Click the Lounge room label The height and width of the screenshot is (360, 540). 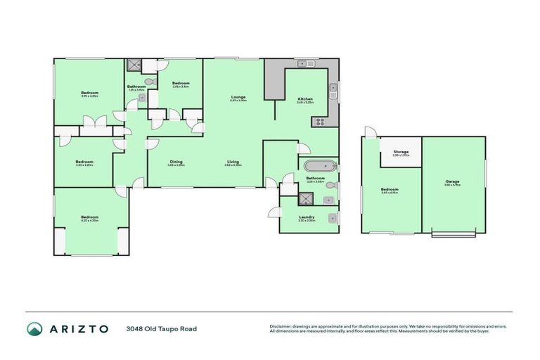(237, 98)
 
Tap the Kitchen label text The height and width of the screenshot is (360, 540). (304, 100)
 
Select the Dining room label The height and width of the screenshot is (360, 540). (176, 163)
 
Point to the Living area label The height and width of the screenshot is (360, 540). (233, 163)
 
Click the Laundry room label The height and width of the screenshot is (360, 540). (306, 217)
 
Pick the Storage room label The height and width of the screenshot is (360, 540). (401, 151)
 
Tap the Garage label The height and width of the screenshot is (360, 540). (452, 182)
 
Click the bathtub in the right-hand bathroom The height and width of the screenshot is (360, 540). (319, 167)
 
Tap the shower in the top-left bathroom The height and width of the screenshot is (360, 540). (134, 65)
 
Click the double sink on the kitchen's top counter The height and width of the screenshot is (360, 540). (304, 65)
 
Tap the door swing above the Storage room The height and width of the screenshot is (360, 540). (371, 131)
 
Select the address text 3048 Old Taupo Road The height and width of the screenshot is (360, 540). (161, 328)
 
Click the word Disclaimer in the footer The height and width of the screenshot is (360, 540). (281, 326)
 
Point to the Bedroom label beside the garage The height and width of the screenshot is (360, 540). (390, 190)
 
